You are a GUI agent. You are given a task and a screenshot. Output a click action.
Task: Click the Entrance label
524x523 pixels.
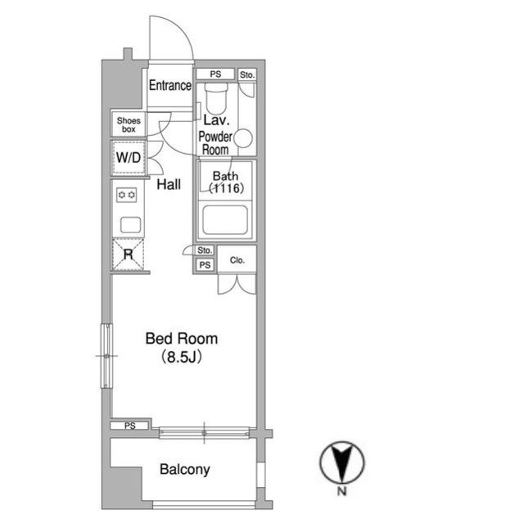(x=170, y=85)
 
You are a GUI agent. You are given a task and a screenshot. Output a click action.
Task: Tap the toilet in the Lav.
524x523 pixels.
(x=216, y=97)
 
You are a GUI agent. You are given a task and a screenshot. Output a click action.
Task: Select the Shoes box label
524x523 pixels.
(x=129, y=125)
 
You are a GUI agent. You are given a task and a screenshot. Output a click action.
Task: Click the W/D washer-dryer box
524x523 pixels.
(x=129, y=158)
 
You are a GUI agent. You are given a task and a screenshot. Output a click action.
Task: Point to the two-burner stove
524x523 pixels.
(x=126, y=195)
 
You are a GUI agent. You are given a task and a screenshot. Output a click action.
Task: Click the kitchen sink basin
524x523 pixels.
(x=130, y=224)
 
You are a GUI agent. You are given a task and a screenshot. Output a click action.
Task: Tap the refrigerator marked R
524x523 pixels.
(x=129, y=255)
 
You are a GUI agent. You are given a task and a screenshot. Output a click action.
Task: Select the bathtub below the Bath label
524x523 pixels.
(x=225, y=220)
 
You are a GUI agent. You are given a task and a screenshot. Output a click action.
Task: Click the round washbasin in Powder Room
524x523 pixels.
(x=243, y=138)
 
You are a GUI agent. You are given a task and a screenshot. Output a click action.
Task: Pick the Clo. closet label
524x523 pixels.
(x=237, y=260)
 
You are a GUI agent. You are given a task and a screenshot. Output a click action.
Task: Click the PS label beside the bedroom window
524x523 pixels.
(x=130, y=426)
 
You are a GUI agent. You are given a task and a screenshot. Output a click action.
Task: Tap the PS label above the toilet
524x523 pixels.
(x=215, y=74)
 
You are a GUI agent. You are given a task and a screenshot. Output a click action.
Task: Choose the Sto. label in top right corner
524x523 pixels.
(x=247, y=75)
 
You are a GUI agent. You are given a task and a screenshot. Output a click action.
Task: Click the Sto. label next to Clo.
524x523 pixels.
(x=205, y=250)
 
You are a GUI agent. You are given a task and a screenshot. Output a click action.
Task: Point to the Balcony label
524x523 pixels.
(x=185, y=470)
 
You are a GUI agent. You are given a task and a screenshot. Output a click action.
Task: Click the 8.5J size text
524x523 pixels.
(x=182, y=358)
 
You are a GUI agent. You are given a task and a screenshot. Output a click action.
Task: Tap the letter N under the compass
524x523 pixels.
(x=341, y=491)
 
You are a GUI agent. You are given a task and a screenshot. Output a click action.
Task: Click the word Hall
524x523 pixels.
(x=169, y=184)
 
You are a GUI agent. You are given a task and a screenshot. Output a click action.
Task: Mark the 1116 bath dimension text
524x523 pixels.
(x=226, y=189)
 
